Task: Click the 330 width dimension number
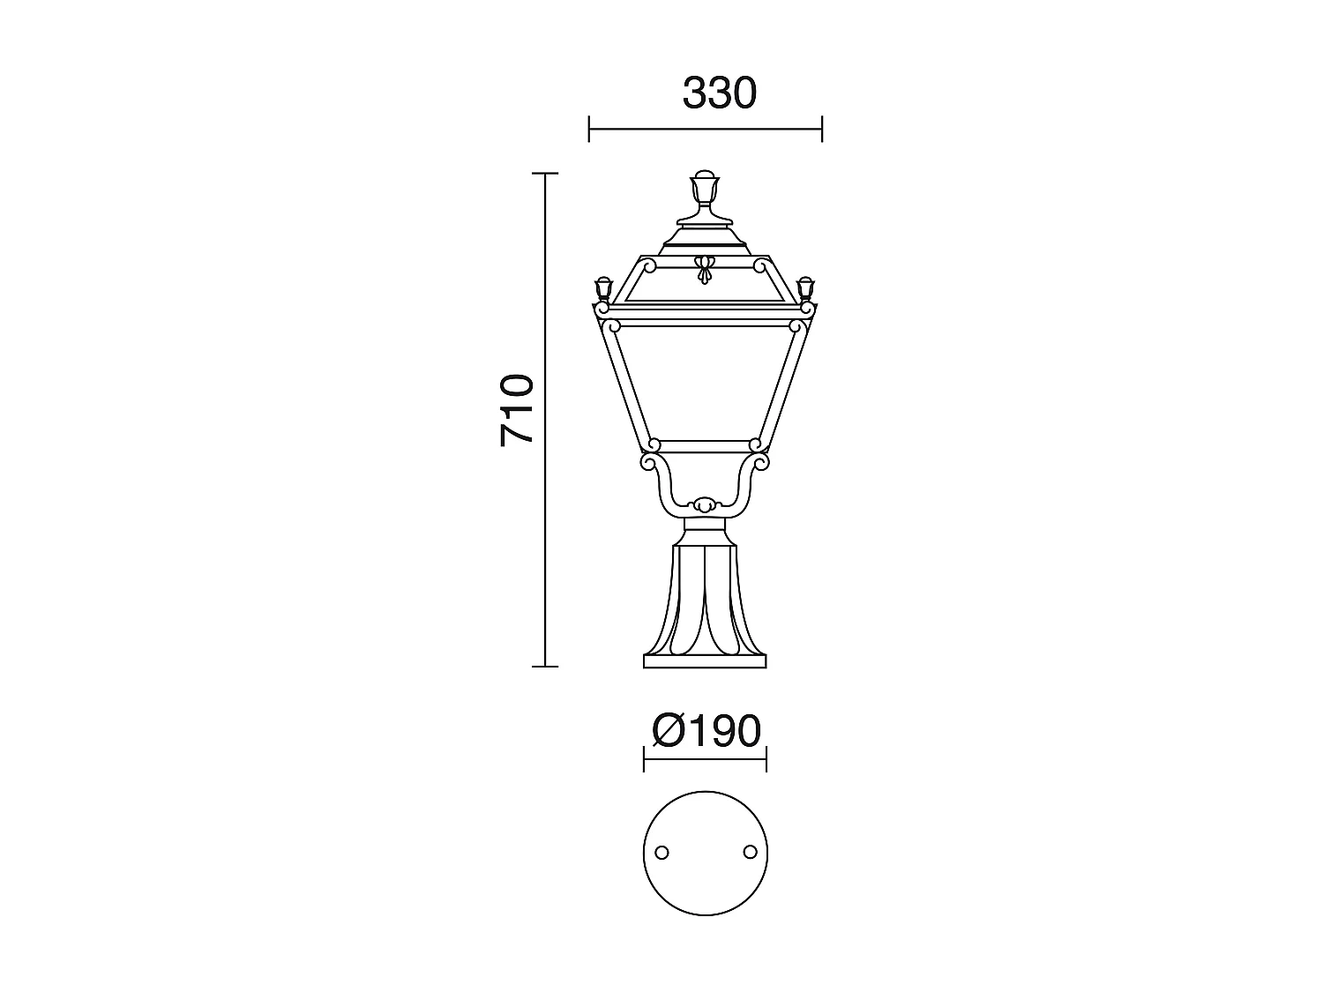point(719,93)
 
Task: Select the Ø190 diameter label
point(706,731)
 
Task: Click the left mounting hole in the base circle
point(661,852)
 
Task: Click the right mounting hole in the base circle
point(750,851)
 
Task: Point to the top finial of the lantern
point(704,187)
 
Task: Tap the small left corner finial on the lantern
point(604,289)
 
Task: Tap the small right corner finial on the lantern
point(804,289)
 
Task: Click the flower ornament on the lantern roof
point(704,269)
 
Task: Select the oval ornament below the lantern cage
point(704,505)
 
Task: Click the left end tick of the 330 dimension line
point(589,129)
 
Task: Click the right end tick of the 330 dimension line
point(822,129)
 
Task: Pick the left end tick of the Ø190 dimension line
point(644,758)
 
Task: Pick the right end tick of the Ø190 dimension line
point(766,758)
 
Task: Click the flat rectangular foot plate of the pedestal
point(705,661)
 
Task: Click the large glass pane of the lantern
point(704,384)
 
